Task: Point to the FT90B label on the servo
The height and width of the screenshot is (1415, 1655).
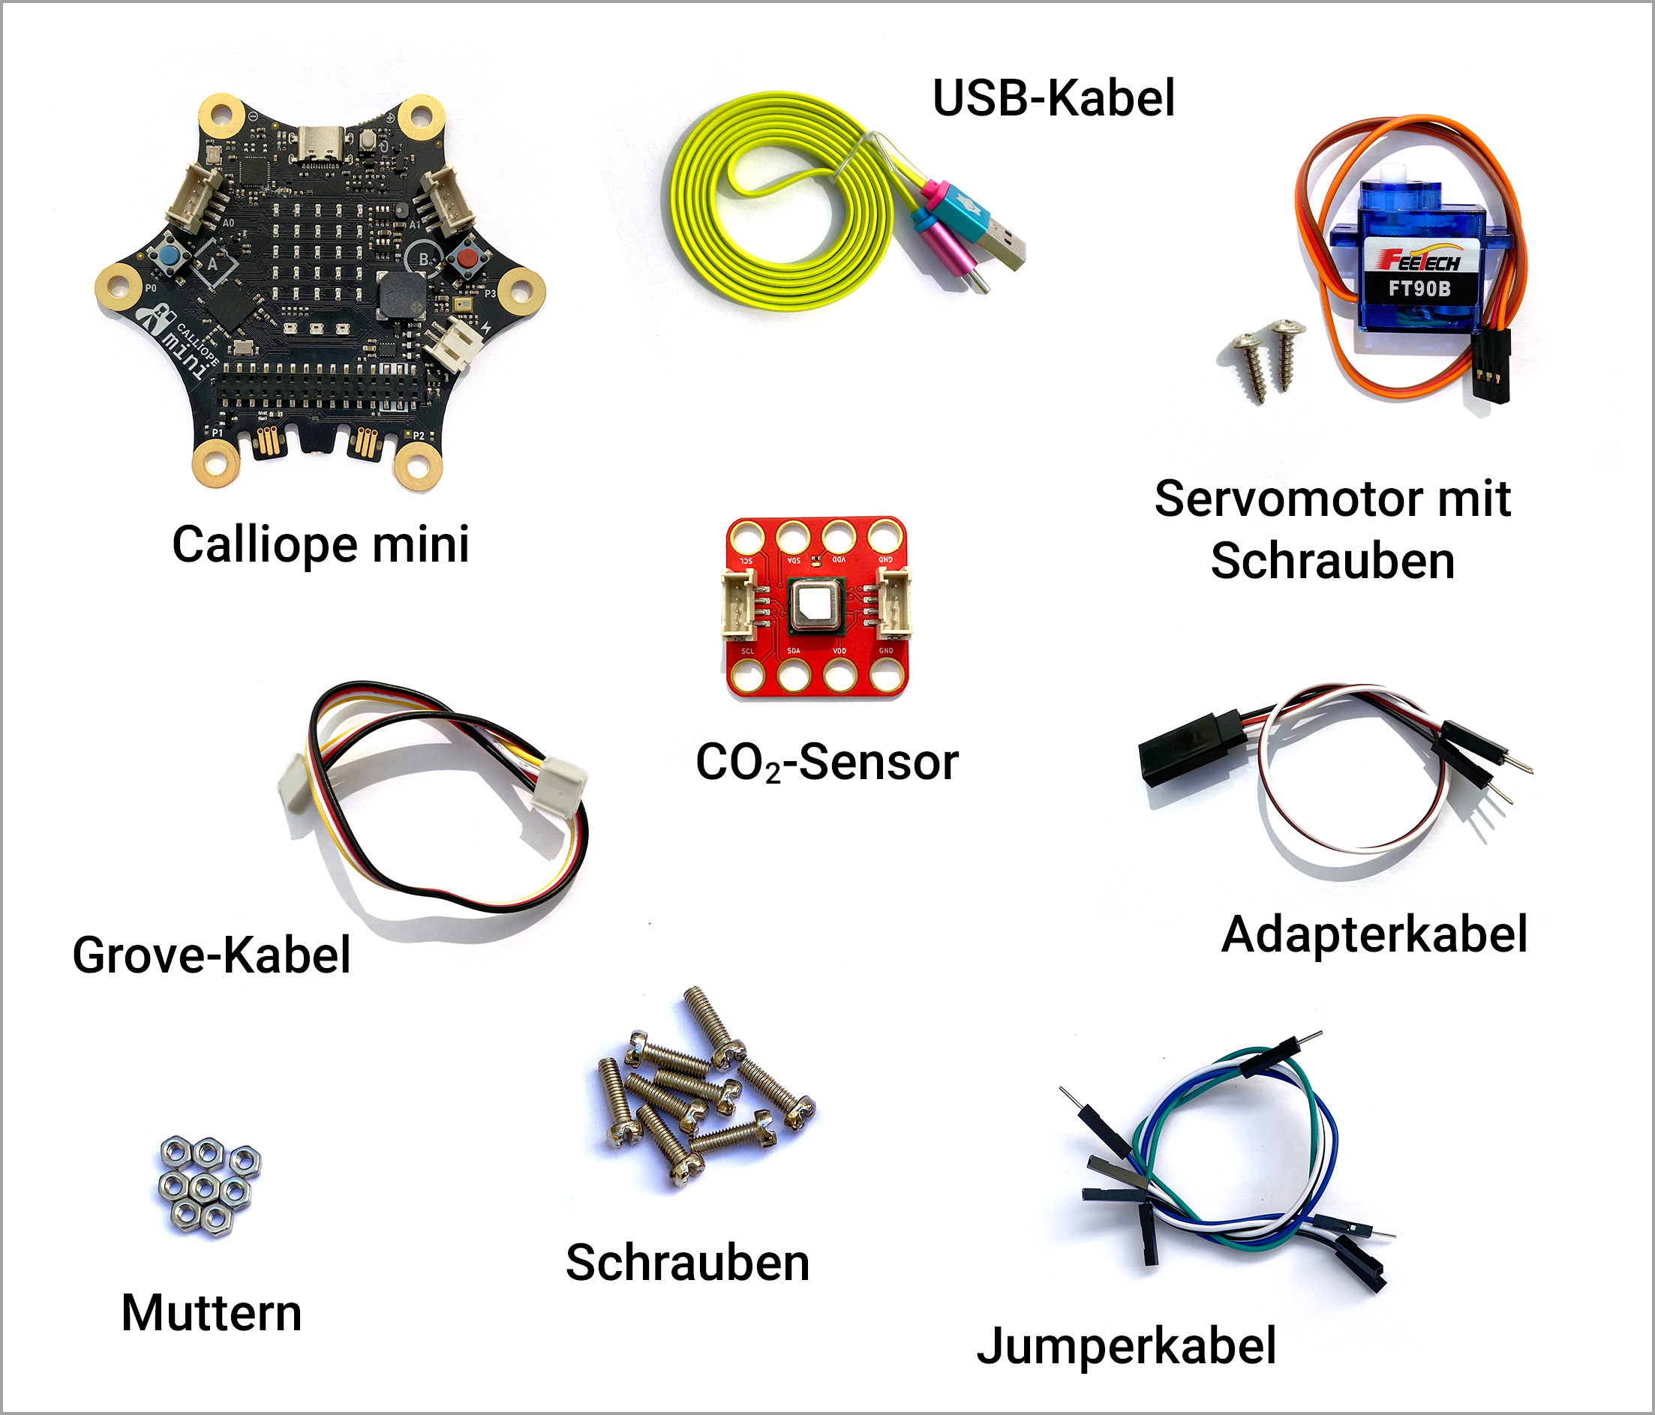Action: [1419, 288]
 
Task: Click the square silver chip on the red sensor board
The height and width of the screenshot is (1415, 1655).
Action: [815, 604]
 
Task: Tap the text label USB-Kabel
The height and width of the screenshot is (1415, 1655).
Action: [1053, 98]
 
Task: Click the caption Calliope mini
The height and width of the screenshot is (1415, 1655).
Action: [320, 544]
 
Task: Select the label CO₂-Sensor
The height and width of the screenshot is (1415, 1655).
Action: [827, 763]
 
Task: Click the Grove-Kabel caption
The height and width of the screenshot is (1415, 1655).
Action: [212, 955]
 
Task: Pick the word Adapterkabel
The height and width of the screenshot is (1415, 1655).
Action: [1374, 934]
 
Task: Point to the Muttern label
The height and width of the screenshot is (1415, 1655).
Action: [212, 1313]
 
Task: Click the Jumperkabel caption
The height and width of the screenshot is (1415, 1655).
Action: [1126, 1345]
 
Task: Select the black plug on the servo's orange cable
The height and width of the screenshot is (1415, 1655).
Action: [1491, 367]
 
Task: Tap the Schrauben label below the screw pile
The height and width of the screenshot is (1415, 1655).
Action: [688, 1263]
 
